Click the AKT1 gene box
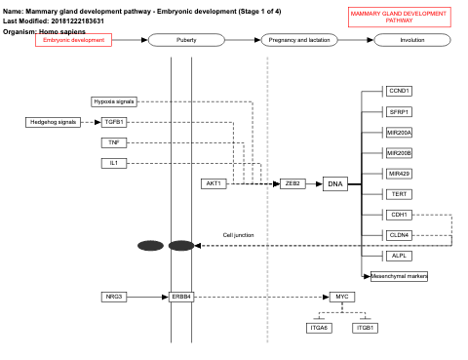[214, 183]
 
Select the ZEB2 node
[292, 183]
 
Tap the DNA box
[335, 183]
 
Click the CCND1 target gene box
[399, 91]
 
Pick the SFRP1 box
[399, 112]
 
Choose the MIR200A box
[399, 132]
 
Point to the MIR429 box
[399, 174]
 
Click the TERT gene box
[399, 194]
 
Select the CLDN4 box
[399, 235]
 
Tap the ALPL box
[399, 256]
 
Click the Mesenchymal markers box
[399, 276]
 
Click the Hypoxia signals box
[114, 101]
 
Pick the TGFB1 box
[114, 122]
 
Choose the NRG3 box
[114, 296]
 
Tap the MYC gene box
[340, 296]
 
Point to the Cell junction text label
[238, 235]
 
